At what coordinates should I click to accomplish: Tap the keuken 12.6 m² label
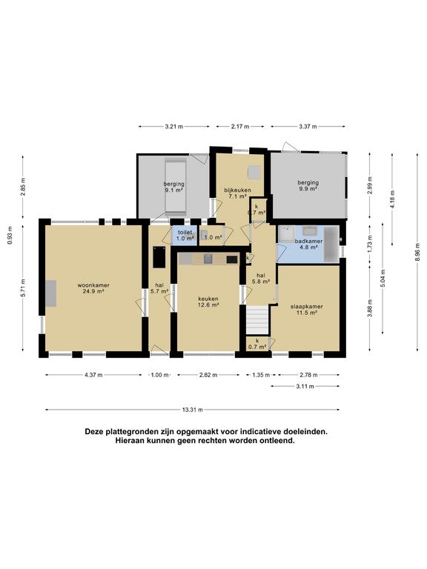click(208, 301)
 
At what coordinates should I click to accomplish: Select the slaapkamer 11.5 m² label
click(307, 309)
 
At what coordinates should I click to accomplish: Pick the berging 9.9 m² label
click(308, 185)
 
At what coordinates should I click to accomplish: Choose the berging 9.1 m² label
click(174, 187)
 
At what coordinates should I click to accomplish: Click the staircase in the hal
click(257, 320)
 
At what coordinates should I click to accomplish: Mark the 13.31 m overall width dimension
click(193, 409)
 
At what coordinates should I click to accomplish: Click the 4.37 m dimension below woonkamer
click(94, 375)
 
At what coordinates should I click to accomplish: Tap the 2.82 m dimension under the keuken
click(208, 375)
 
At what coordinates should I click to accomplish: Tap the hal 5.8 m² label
click(261, 278)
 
